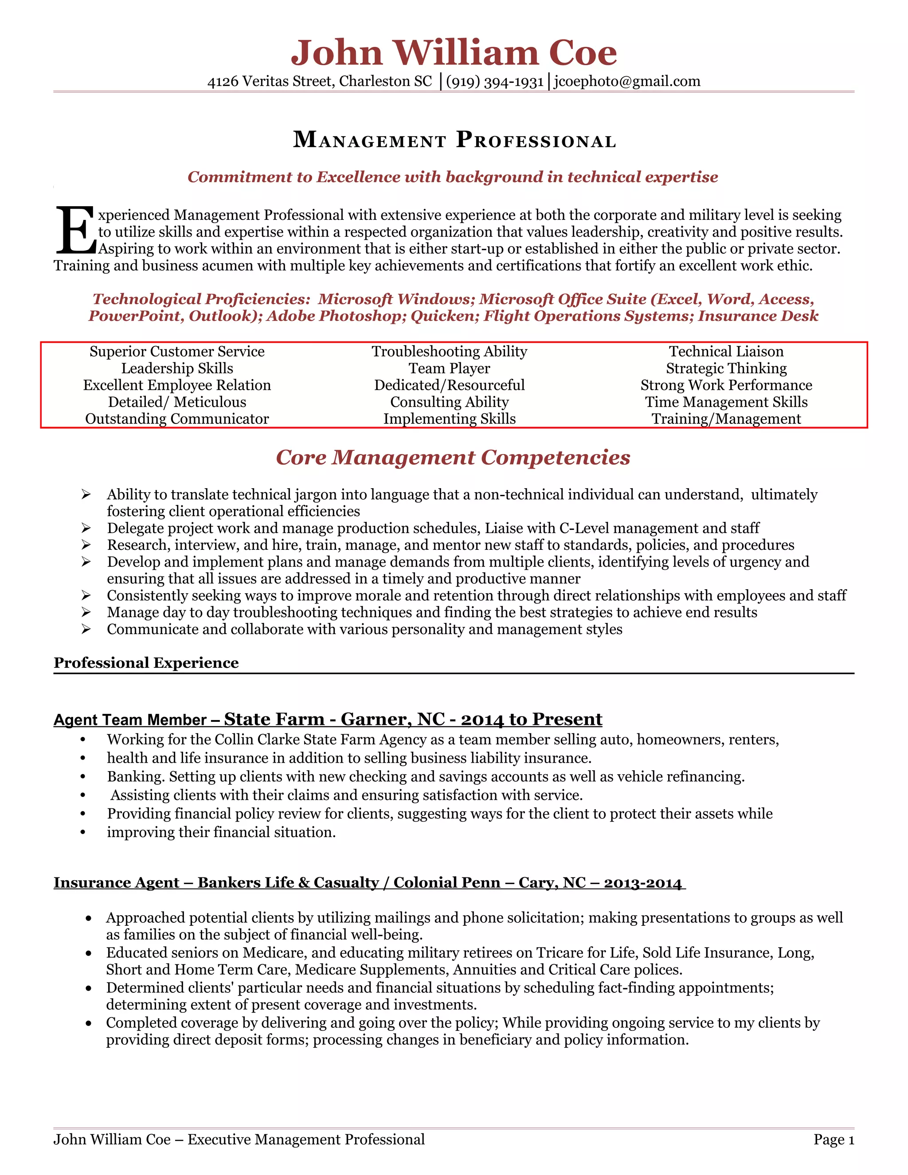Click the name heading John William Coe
click(454, 53)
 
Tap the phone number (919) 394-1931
click(494, 82)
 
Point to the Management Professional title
click(454, 140)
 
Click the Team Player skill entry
click(449, 368)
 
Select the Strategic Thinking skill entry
click(726, 368)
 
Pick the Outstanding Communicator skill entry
click(176, 419)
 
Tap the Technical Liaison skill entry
click(726, 352)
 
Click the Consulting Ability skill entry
click(449, 403)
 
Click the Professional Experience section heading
click(146, 663)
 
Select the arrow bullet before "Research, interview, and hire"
click(86, 545)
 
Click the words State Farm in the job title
click(274, 719)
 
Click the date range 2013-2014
click(642, 883)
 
